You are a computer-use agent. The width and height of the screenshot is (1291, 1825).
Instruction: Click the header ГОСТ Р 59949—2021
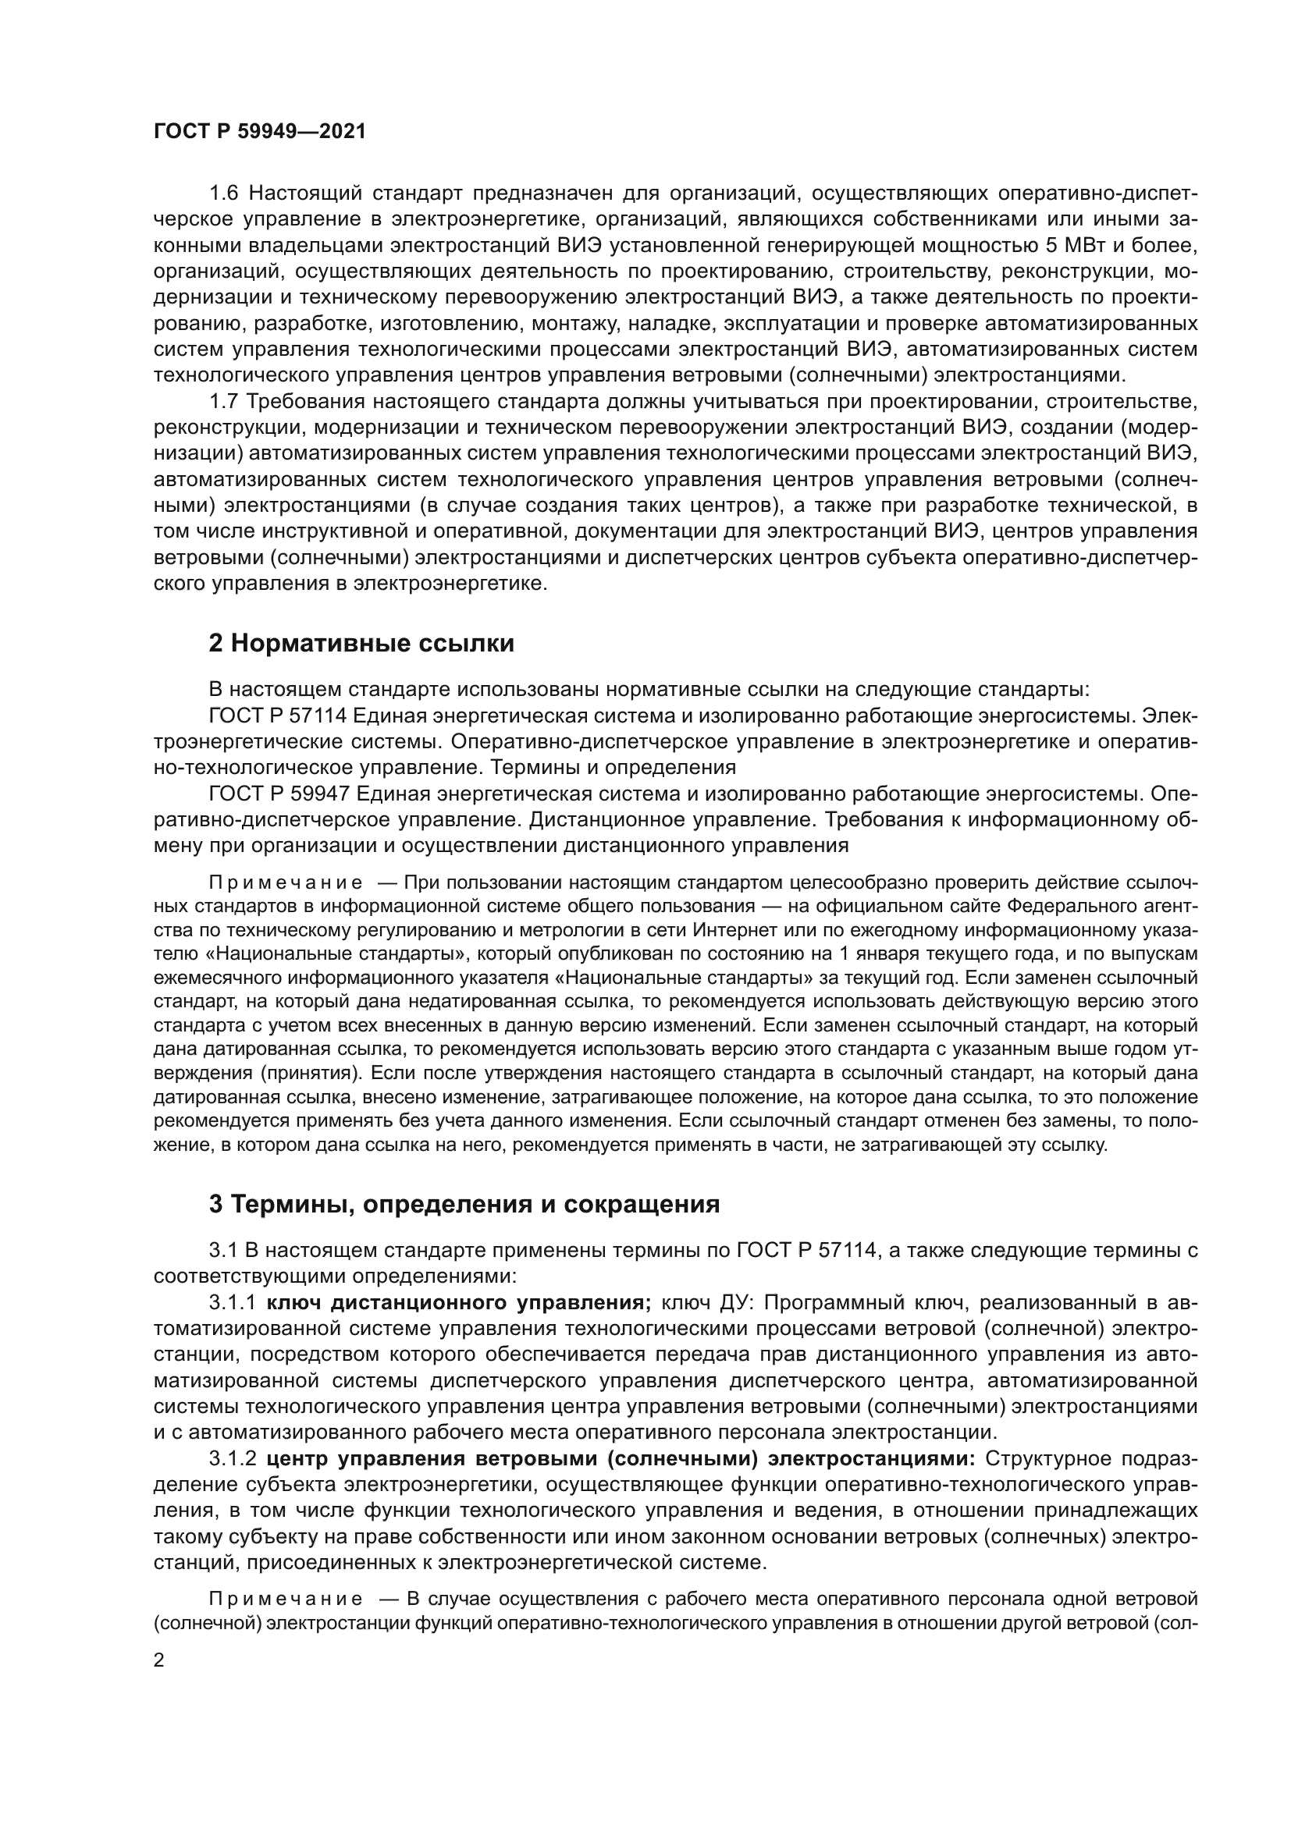point(259,132)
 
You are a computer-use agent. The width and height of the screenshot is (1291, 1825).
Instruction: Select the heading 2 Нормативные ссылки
point(361,643)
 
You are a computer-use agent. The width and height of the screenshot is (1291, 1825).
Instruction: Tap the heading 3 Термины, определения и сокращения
point(464,1204)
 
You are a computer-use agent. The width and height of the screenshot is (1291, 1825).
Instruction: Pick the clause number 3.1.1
point(232,1303)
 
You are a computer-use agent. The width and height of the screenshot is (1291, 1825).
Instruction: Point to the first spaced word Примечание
point(286,883)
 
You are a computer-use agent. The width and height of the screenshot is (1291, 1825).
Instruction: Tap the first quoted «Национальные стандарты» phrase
point(336,953)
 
